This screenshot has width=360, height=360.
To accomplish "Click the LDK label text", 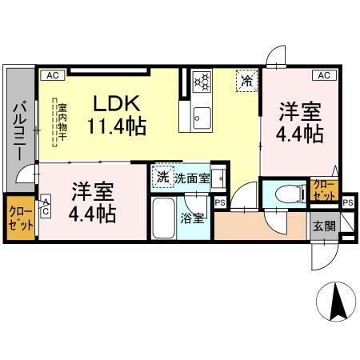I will click(118, 103).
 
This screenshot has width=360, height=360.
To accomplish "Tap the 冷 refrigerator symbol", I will click(246, 81).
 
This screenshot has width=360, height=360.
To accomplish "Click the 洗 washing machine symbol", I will click(163, 176).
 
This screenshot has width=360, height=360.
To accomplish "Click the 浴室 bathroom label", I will click(191, 217).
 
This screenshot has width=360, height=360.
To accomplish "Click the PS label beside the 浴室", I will click(220, 203).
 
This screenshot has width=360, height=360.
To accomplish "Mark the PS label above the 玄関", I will click(346, 203).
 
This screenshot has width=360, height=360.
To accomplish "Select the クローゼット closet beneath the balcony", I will click(21, 218).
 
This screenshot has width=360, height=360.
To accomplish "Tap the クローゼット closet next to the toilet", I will click(323, 190).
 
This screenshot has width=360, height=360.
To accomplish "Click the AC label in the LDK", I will click(51, 75).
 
